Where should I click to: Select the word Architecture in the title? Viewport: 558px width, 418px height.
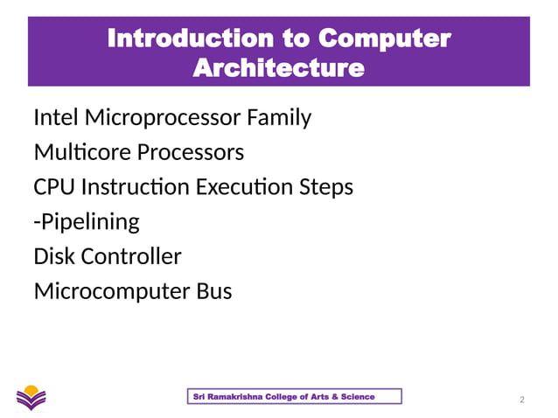coord(277,67)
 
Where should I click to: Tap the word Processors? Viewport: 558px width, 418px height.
coord(189,152)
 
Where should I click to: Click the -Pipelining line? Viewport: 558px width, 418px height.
coord(86,222)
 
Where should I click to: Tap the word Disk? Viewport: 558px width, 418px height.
coord(53,257)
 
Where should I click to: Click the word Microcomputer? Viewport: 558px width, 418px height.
coord(108,291)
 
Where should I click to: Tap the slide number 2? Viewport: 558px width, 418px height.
coord(522,400)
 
